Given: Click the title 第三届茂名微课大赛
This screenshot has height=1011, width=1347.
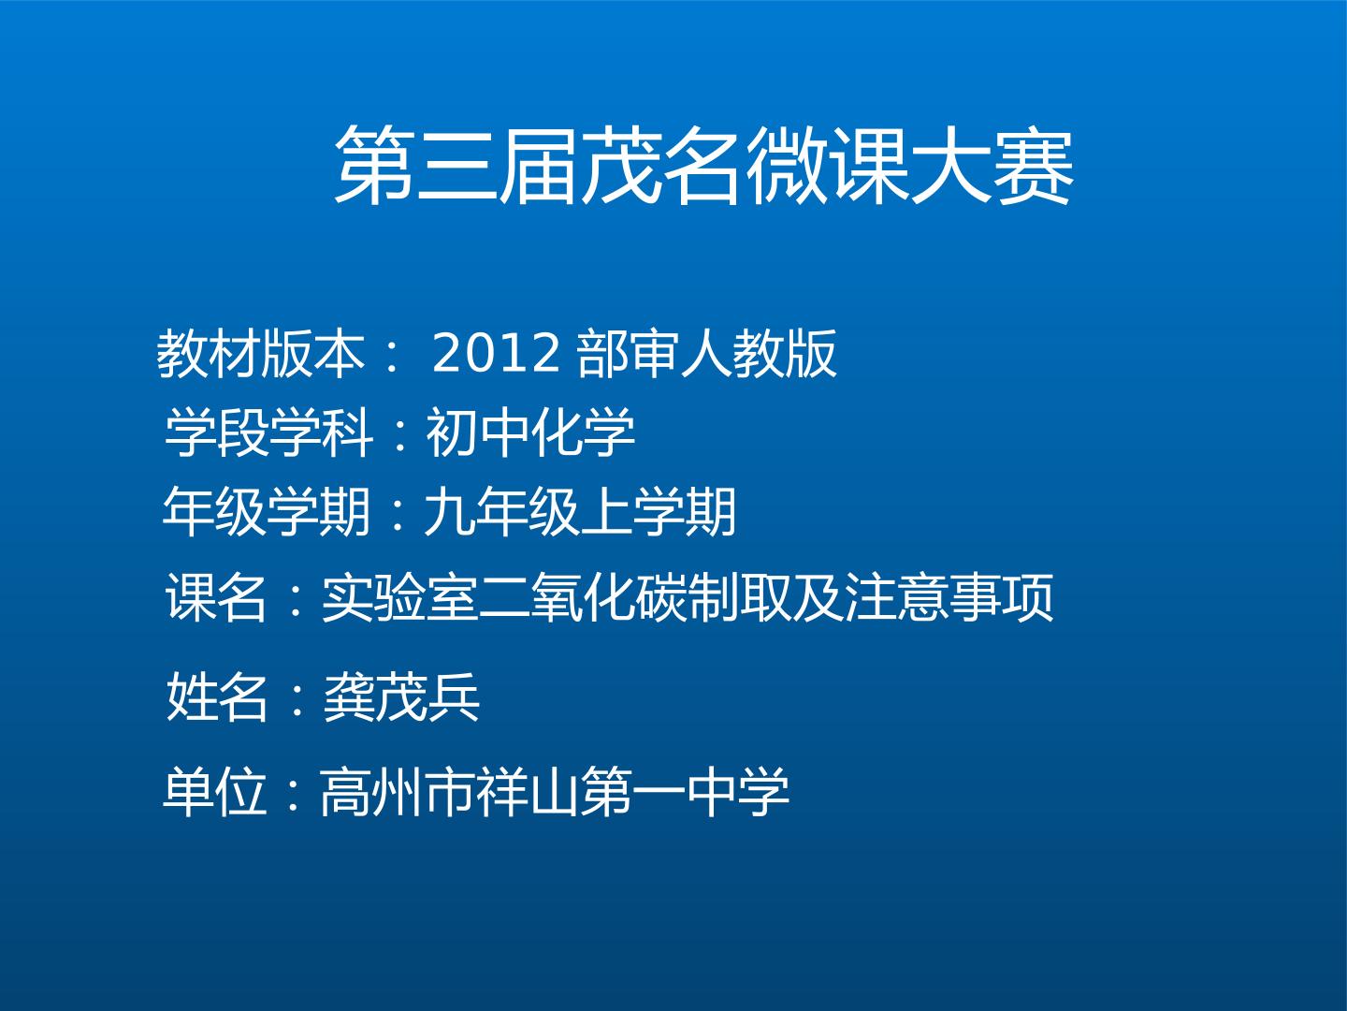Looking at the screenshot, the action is pos(703,165).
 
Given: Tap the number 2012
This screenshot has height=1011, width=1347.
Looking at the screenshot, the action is pos(496,354).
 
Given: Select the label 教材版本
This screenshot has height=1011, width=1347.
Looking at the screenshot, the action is pos(260,354).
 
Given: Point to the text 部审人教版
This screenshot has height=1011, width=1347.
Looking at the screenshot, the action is pos(707,354).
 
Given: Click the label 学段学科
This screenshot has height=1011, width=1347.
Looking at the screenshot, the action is pos(268,432).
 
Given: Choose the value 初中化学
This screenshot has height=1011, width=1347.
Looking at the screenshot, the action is pos(530,432).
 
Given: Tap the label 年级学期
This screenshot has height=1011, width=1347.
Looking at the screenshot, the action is pos(267,512).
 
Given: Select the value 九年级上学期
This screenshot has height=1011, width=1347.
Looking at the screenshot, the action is pos(580,512).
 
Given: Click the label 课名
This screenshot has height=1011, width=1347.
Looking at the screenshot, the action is pos(216,597).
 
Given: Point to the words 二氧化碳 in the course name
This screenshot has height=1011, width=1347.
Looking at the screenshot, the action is pos(584,597).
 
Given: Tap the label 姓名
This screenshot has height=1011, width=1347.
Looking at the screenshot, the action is pos(217,696).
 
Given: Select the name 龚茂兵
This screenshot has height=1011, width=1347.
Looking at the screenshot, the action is pos(400,696).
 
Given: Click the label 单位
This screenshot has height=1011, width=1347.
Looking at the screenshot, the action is pos(215,792).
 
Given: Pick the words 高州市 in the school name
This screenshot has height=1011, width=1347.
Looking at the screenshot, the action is pos(397,792).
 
